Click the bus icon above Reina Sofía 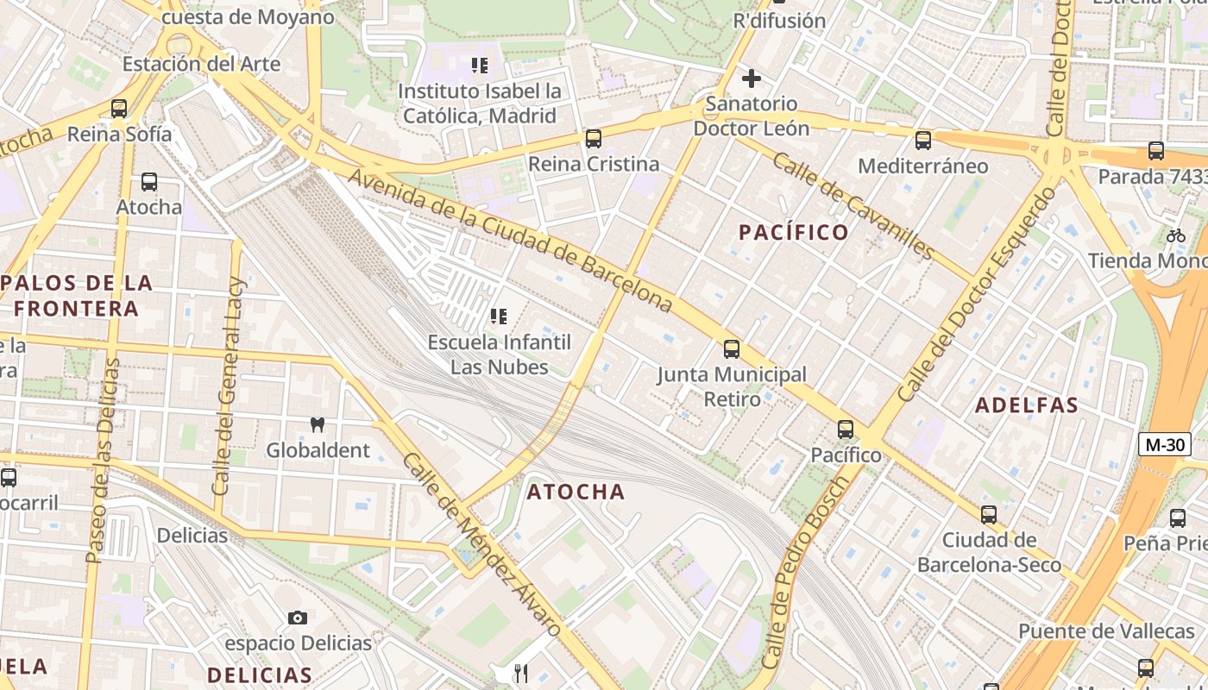coord(119,109)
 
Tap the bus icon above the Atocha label coord(149,182)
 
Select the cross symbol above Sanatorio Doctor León coord(752,78)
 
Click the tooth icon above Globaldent coord(318,424)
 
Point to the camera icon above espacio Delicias coord(298,618)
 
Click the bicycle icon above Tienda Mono coord(1175,235)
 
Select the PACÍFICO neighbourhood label coord(794,232)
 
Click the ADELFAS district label coord(1027,405)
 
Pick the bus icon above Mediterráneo coord(923,140)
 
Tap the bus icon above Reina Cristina coord(593,138)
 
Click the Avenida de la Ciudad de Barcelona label coord(510,240)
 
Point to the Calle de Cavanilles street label coord(853,205)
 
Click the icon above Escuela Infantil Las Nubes coord(498,317)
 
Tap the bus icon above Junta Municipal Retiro coord(732,348)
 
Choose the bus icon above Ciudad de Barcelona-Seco coord(989,515)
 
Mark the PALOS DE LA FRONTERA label coord(78,295)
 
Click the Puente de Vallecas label coord(1106,630)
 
